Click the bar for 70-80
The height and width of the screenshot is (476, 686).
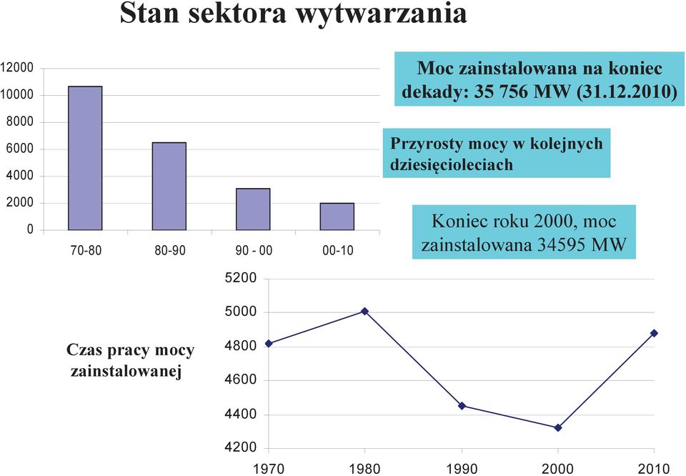(x=85, y=158)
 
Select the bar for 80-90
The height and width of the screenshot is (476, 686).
(x=169, y=187)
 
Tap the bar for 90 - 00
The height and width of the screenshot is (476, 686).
(x=253, y=209)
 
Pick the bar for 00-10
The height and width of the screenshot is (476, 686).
(x=337, y=217)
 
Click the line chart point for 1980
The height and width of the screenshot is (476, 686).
(x=365, y=311)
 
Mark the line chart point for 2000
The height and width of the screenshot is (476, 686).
(x=558, y=428)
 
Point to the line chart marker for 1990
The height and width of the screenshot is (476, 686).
(x=462, y=406)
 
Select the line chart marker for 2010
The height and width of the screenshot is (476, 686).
(x=654, y=333)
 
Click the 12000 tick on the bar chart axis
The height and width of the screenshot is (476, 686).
(x=17, y=68)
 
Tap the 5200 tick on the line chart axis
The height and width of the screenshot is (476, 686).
(x=241, y=278)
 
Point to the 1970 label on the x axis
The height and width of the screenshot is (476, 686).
(x=269, y=469)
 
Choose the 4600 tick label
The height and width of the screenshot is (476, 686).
(x=241, y=380)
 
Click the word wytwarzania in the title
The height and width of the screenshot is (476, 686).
(x=382, y=14)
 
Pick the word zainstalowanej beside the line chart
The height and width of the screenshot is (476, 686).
(x=126, y=372)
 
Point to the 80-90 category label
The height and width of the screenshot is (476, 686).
(x=170, y=251)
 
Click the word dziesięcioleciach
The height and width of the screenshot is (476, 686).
(x=451, y=165)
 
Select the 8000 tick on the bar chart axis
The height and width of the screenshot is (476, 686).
(x=20, y=122)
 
